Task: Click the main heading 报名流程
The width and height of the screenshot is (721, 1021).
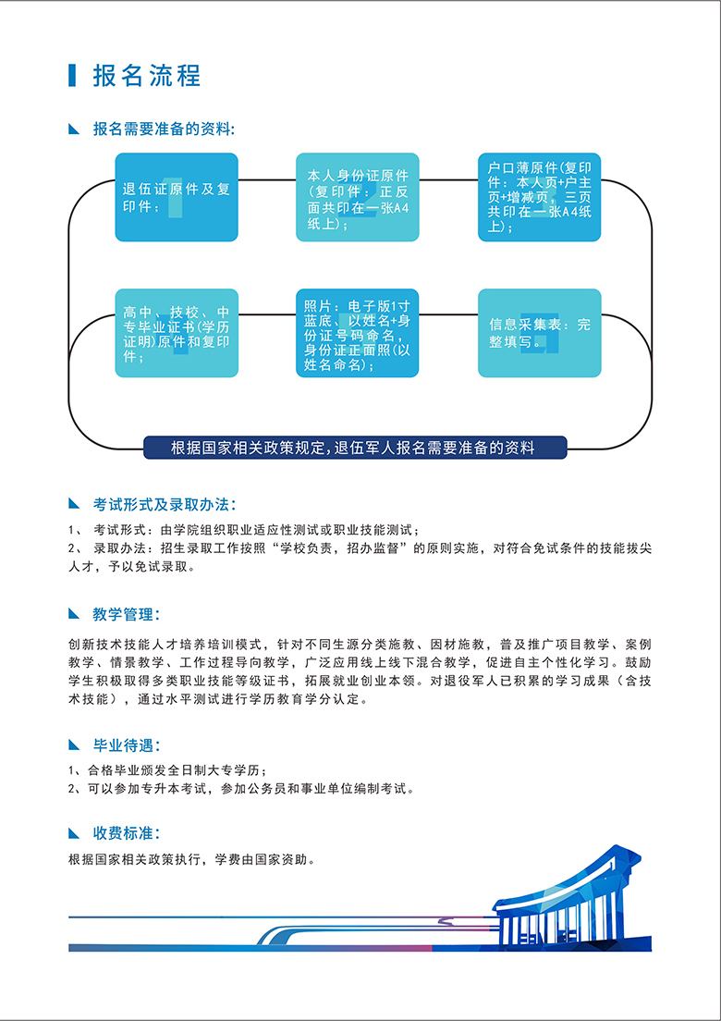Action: (147, 76)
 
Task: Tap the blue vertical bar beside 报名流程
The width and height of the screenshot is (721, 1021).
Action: (72, 76)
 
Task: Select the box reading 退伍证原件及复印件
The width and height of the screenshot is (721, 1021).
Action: (177, 197)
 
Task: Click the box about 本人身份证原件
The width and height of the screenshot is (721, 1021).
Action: (357, 197)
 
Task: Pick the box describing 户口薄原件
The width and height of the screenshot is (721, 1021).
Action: (540, 197)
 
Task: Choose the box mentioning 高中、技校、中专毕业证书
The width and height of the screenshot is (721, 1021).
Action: (177, 333)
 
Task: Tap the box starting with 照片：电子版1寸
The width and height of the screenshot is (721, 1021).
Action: (357, 333)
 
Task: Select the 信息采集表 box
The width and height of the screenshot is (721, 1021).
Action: (540, 333)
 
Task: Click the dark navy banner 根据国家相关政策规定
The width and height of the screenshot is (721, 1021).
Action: (355, 448)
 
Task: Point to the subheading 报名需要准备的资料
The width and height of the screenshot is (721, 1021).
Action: (164, 129)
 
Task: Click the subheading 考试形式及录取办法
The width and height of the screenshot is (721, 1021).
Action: (165, 504)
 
